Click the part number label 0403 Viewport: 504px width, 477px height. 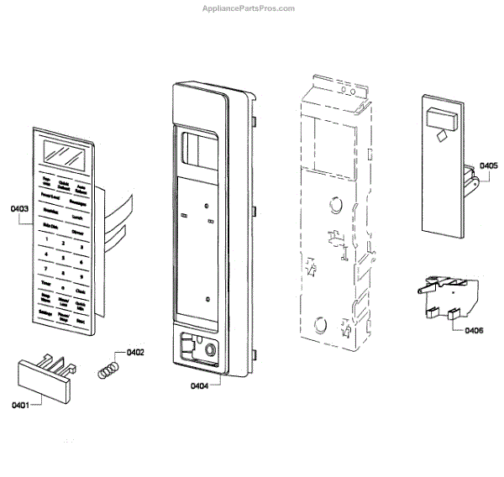[x=20, y=207]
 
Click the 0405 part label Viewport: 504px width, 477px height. [x=488, y=166]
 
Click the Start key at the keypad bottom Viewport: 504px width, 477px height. [x=82, y=322]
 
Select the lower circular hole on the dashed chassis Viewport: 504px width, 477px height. [x=321, y=324]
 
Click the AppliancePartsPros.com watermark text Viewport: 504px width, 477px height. [x=249, y=8]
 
